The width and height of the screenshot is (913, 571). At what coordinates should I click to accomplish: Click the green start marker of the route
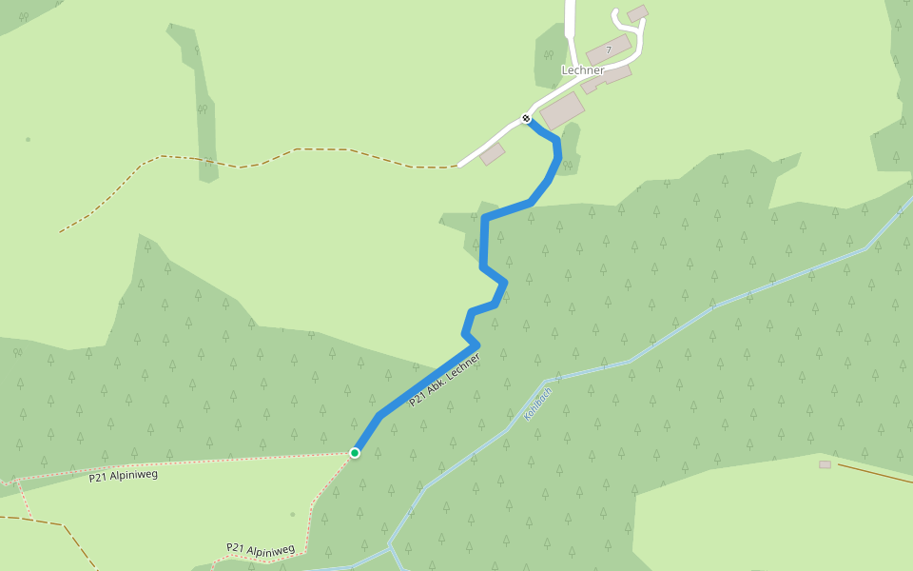click(x=355, y=453)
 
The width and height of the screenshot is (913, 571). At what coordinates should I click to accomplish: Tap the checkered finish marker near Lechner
click(x=526, y=118)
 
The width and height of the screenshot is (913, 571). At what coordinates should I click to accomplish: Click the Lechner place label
click(x=583, y=70)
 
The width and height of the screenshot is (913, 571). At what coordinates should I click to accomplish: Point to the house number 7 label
click(x=609, y=49)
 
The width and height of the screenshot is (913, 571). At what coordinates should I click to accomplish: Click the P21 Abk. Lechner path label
click(x=444, y=381)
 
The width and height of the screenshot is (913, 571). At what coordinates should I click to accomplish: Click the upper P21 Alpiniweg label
click(x=123, y=475)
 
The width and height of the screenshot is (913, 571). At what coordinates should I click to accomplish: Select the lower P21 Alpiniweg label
click(x=261, y=549)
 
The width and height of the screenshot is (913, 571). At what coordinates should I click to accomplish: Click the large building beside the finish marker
click(x=562, y=110)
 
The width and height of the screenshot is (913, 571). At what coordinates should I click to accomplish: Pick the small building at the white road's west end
click(x=493, y=154)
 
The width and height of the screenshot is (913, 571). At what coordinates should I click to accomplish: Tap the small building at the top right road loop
click(x=638, y=13)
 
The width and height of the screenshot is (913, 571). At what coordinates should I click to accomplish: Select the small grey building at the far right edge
click(x=825, y=464)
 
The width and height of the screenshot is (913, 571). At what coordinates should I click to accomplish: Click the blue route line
click(x=484, y=247)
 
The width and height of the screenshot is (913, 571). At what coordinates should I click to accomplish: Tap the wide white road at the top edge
click(x=571, y=14)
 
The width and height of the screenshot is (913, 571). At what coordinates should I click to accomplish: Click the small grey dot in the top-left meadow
click(x=28, y=140)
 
